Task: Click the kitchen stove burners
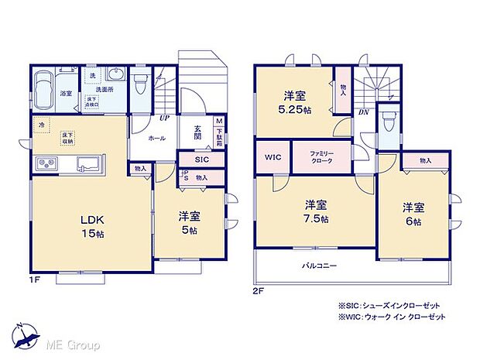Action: (45, 164)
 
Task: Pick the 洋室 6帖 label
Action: (413, 214)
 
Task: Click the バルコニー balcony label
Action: (319, 266)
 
